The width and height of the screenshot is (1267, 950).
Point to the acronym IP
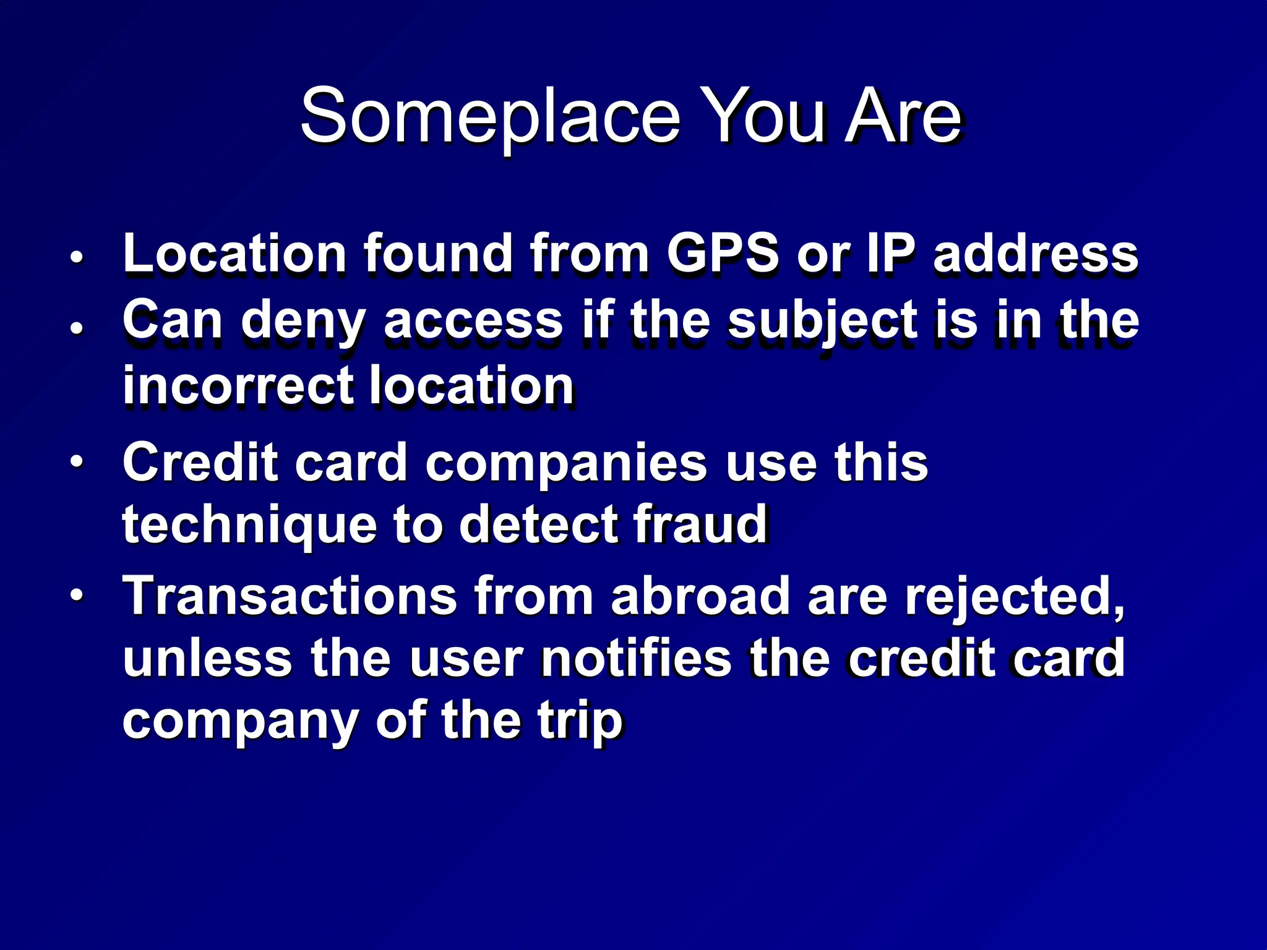891,253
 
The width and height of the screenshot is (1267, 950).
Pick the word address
1036,253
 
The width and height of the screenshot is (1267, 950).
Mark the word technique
249,526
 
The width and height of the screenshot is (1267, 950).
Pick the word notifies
637,659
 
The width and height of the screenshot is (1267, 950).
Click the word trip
580,722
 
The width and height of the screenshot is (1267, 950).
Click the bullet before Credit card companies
76,462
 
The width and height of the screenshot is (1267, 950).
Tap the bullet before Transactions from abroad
76,595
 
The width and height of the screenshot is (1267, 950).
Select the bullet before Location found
76,257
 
